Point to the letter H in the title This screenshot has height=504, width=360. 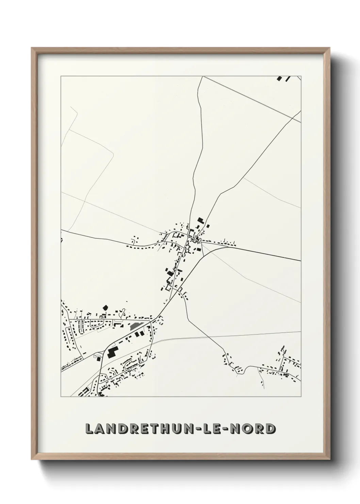164,428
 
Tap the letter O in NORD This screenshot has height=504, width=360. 248,428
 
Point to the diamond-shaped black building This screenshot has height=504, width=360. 105,307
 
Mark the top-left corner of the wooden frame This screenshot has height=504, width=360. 32,48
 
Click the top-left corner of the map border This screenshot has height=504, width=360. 61,76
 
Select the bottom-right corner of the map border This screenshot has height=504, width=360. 301,396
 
